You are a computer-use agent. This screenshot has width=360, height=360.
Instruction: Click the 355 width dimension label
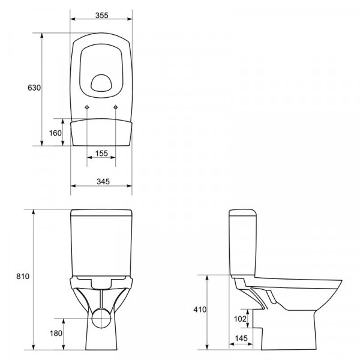point(102,16)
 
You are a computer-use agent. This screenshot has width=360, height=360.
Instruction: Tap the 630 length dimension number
point(34,88)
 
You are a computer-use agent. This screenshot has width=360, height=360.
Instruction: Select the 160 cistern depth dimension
point(55,133)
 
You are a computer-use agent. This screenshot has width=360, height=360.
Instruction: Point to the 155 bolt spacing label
point(101,153)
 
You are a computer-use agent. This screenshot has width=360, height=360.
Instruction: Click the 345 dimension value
point(103,182)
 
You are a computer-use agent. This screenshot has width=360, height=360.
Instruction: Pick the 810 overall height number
point(23,276)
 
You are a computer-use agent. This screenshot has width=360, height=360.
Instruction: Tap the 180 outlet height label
point(56,333)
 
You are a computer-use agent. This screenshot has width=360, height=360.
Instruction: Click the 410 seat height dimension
point(200,310)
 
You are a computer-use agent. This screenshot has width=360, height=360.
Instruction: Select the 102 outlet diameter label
point(240,319)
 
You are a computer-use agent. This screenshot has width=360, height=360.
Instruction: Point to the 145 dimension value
point(241,338)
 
